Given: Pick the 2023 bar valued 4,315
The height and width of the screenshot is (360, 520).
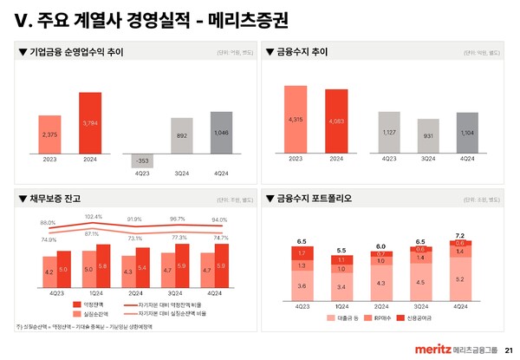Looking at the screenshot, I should pos(296,118).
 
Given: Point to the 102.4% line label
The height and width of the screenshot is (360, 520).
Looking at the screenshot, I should pos(94,216).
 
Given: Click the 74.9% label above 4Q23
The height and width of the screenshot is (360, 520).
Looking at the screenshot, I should pos(49,239).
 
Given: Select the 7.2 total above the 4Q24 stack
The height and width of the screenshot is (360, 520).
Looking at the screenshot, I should pos(460,236).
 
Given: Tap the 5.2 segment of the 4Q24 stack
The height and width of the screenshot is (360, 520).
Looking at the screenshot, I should pos(460,279).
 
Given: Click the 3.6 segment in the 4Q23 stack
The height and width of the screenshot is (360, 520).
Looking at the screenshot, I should pos(302,285).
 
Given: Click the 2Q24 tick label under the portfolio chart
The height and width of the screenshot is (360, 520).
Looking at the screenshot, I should pos(380,305).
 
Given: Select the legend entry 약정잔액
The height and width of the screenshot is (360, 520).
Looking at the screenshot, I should pos(94,304).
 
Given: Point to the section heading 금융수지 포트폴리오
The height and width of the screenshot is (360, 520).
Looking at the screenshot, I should pos(315,198).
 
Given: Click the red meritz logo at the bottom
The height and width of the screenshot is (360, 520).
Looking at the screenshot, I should pos(428,348).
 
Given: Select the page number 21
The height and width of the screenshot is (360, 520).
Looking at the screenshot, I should pos(508,349).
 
